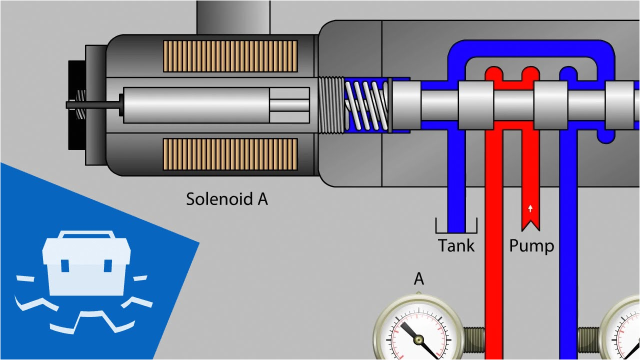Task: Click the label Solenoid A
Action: click(x=226, y=199)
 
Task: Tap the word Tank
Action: click(x=456, y=245)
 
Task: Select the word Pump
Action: click(x=531, y=245)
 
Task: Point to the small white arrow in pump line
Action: click(x=530, y=207)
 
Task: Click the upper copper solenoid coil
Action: click(x=230, y=56)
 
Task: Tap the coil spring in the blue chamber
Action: click(x=366, y=105)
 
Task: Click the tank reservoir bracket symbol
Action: click(x=456, y=227)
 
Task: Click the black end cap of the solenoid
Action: click(x=76, y=105)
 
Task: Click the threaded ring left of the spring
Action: click(x=331, y=105)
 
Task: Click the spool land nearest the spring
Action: click(x=406, y=105)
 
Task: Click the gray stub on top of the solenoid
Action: click(x=233, y=17)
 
